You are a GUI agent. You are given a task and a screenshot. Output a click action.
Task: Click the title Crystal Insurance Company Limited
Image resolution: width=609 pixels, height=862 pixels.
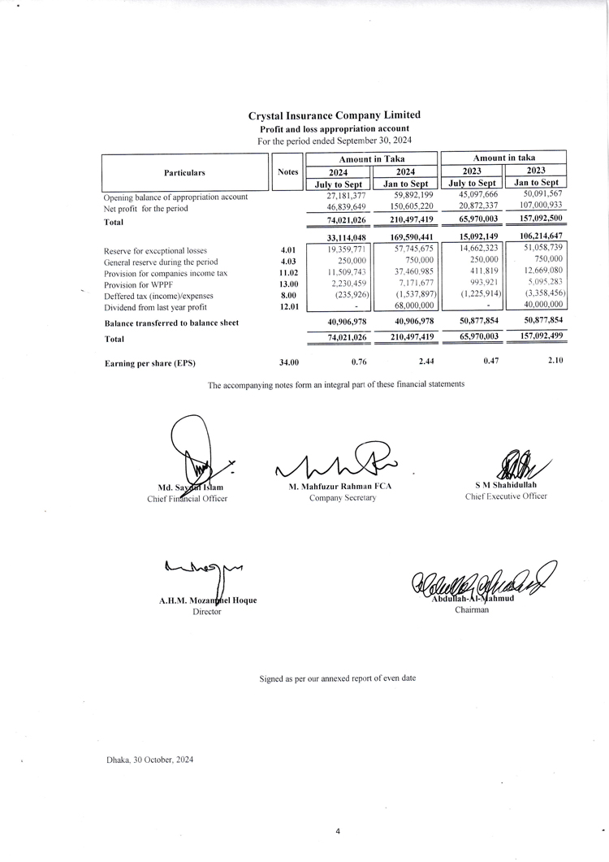[x=334, y=115]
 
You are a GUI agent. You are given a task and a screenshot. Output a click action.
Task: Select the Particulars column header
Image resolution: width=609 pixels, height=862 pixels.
[x=184, y=172]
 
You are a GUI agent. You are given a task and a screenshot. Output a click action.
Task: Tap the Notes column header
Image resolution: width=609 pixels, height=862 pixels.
[x=287, y=172]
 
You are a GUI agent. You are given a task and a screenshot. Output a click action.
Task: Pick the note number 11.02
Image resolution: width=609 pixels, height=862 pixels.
[x=289, y=273]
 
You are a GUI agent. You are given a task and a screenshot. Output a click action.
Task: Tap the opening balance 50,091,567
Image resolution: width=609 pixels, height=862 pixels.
[x=539, y=195]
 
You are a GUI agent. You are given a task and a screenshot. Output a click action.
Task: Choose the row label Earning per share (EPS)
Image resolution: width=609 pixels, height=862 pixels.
[x=150, y=363]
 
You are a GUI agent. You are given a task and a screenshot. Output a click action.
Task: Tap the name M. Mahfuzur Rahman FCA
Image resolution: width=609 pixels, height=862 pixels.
[x=341, y=486]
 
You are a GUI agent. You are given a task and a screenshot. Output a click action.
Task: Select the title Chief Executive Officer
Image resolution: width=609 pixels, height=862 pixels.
[x=506, y=496]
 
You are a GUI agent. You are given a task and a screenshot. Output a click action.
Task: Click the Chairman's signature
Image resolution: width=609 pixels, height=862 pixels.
[x=476, y=579]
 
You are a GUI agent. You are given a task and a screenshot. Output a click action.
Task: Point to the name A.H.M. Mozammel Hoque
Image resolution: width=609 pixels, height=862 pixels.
[x=208, y=600]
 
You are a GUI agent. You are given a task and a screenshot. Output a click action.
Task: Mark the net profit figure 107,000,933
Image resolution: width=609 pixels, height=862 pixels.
[x=539, y=208]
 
